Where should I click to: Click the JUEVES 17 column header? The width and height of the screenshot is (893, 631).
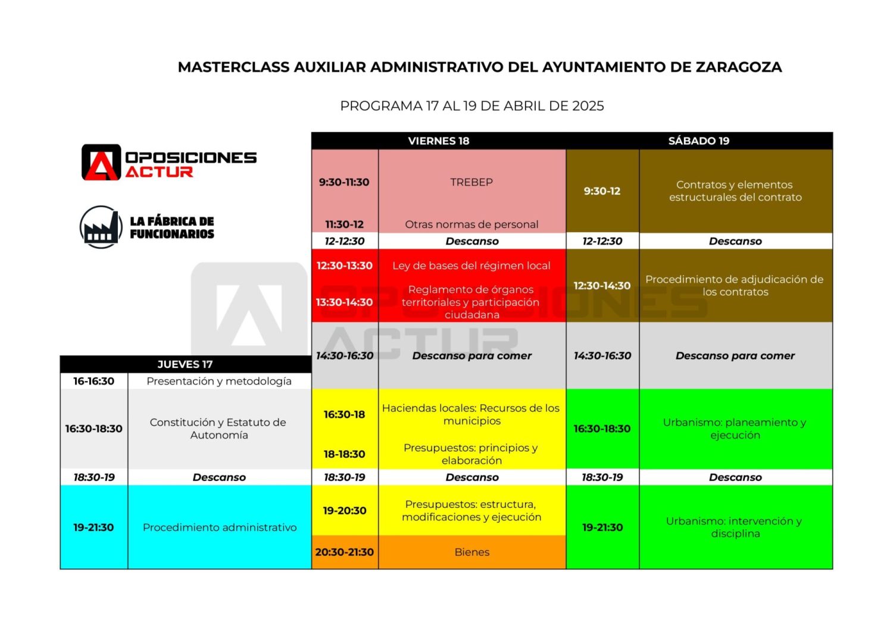coord(185,364)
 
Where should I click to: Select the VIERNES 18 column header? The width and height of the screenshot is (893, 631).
coord(439,141)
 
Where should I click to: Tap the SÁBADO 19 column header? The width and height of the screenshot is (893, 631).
coord(699,141)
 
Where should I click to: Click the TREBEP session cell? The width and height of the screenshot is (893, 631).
coord(472,182)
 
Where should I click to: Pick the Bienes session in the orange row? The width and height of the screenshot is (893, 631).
coord(472,552)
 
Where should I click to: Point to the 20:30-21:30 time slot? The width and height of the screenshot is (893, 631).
coord(345,552)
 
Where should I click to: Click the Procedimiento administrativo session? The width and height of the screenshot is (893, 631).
coord(220,527)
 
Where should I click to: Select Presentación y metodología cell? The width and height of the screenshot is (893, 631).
coord(219,381)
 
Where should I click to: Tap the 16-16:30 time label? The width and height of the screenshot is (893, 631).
coord(93,381)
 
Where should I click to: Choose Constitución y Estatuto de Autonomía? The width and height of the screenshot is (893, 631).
coord(218,429)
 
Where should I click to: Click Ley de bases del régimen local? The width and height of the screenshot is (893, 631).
coord(472,265)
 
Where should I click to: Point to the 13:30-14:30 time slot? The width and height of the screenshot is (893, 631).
coord(345,302)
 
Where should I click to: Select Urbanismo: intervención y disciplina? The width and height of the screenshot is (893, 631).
coord(735,527)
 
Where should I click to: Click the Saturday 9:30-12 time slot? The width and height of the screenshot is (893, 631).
coord(602,191)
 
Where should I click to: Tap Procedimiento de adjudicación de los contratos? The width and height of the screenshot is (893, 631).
coord(735,286)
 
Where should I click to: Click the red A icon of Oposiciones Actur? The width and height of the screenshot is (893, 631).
coord(101,163)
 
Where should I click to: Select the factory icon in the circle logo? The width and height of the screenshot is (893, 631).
coord(101,227)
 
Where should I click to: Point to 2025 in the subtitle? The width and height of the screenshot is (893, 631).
coord(588,106)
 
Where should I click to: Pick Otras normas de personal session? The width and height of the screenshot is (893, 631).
coord(472,224)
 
